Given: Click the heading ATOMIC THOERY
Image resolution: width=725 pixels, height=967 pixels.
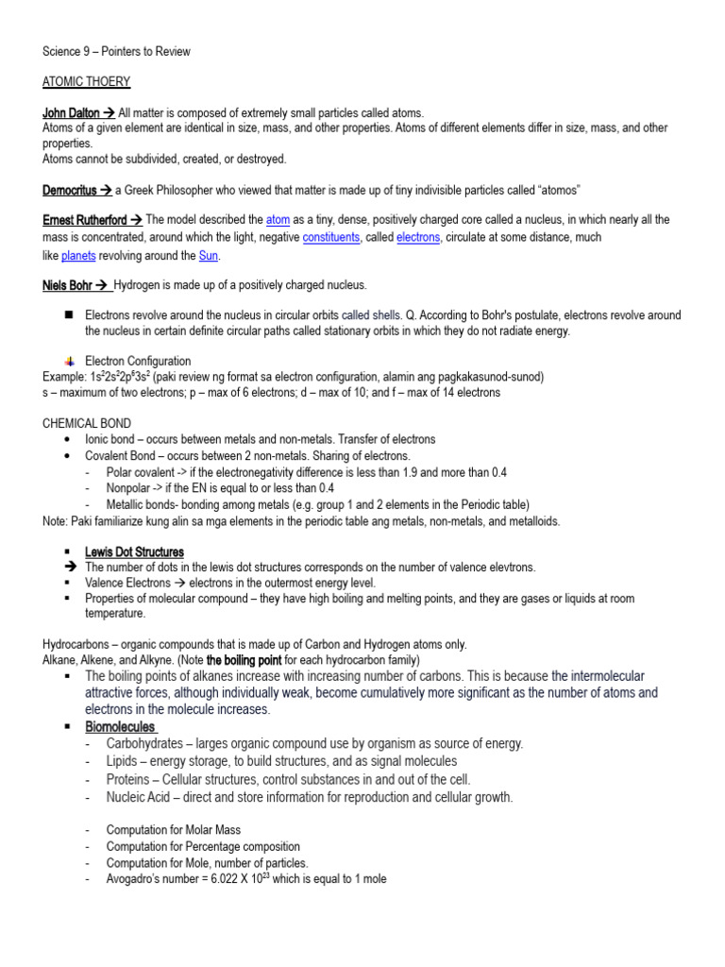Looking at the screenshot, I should pyautogui.click(x=87, y=82).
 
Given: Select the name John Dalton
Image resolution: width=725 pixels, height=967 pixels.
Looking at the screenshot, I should pyautogui.click(x=72, y=113).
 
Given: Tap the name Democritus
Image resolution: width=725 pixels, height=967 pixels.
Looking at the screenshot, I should pyautogui.click(x=70, y=190).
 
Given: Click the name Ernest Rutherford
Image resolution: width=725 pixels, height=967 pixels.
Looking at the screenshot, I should pyautogui.click(x=84, y=220).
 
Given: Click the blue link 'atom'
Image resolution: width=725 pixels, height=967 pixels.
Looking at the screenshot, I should pyautogui.click(x=278, y=220).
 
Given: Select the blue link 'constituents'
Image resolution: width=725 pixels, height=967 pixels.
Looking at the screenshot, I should pyautogui.click(x=331, y=238).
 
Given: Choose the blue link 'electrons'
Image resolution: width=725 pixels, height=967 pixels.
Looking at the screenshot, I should pyautogui.click(x=418, y=238).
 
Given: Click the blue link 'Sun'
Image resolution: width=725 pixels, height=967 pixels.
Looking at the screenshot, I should pyautogui.click(x=209, y=256).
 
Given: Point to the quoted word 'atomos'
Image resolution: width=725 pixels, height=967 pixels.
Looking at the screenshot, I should pyautogui.click(x=553, y=190).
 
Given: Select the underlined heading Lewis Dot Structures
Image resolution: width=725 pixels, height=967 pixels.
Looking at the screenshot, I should pyautogui.click(x=134, y=551).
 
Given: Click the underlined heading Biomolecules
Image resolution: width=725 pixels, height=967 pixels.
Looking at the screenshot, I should pyautogui.click(x=120, y=727).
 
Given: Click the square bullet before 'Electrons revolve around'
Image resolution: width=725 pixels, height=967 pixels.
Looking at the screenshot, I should pyautogui.click(x=68, y=315).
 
